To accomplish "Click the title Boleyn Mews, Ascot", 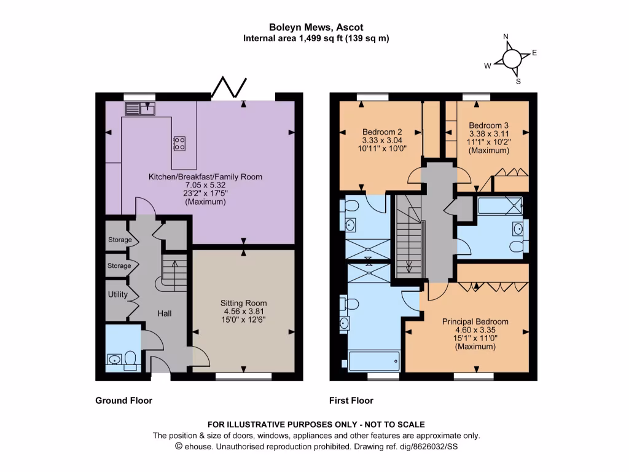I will tap(316, 27).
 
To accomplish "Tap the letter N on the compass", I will tap(506, 37).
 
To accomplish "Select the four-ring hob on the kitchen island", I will tap(180, 143).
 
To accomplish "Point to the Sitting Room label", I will tap(244, 303).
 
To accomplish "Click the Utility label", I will tap(117, 294).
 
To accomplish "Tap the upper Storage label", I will tap(119, 240).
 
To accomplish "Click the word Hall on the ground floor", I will tap(164, 313).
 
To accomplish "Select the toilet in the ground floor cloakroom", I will tap(130, 359).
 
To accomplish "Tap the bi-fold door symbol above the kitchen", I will tap(230, 88).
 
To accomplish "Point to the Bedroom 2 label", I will tap(382, 132).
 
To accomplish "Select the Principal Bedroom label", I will tap(475, 321).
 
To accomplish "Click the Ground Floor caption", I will tap(123, 401).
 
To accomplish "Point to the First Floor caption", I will tap(351, 401).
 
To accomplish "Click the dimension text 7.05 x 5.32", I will tap(205, 186).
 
